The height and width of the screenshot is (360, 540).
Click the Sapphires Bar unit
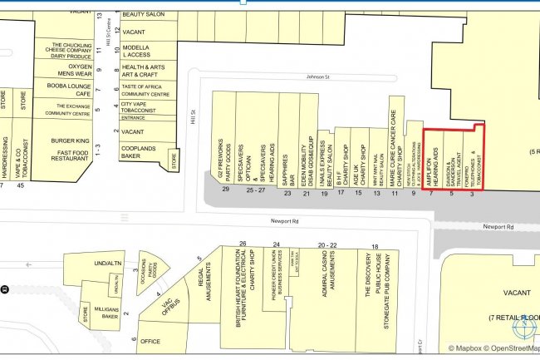tap(286, 150)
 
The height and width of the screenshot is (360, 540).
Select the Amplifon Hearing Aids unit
tap(432, 158)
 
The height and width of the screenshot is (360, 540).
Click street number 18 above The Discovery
tap(375, 246)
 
